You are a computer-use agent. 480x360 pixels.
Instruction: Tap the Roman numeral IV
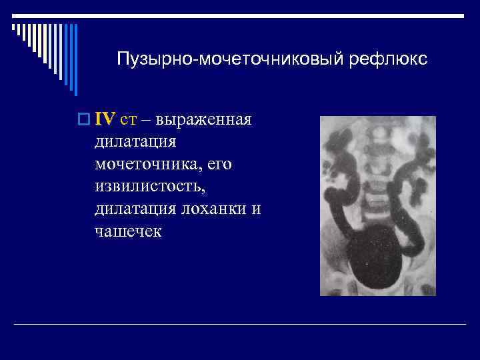[x=105, y=119]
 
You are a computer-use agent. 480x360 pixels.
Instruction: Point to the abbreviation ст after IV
[x=128, y=120]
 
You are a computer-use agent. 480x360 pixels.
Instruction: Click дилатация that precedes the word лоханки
[x=135, y=208]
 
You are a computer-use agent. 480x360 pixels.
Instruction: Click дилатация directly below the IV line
[x=135, y=142]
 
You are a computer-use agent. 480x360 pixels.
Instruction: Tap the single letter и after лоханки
[x=256, y=209]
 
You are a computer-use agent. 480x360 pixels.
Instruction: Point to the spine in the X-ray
[x=377, y=167]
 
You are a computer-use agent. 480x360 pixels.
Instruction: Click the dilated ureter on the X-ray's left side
[x=337, y=200]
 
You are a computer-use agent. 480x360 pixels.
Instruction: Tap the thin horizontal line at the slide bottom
[x=240, y=324]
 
